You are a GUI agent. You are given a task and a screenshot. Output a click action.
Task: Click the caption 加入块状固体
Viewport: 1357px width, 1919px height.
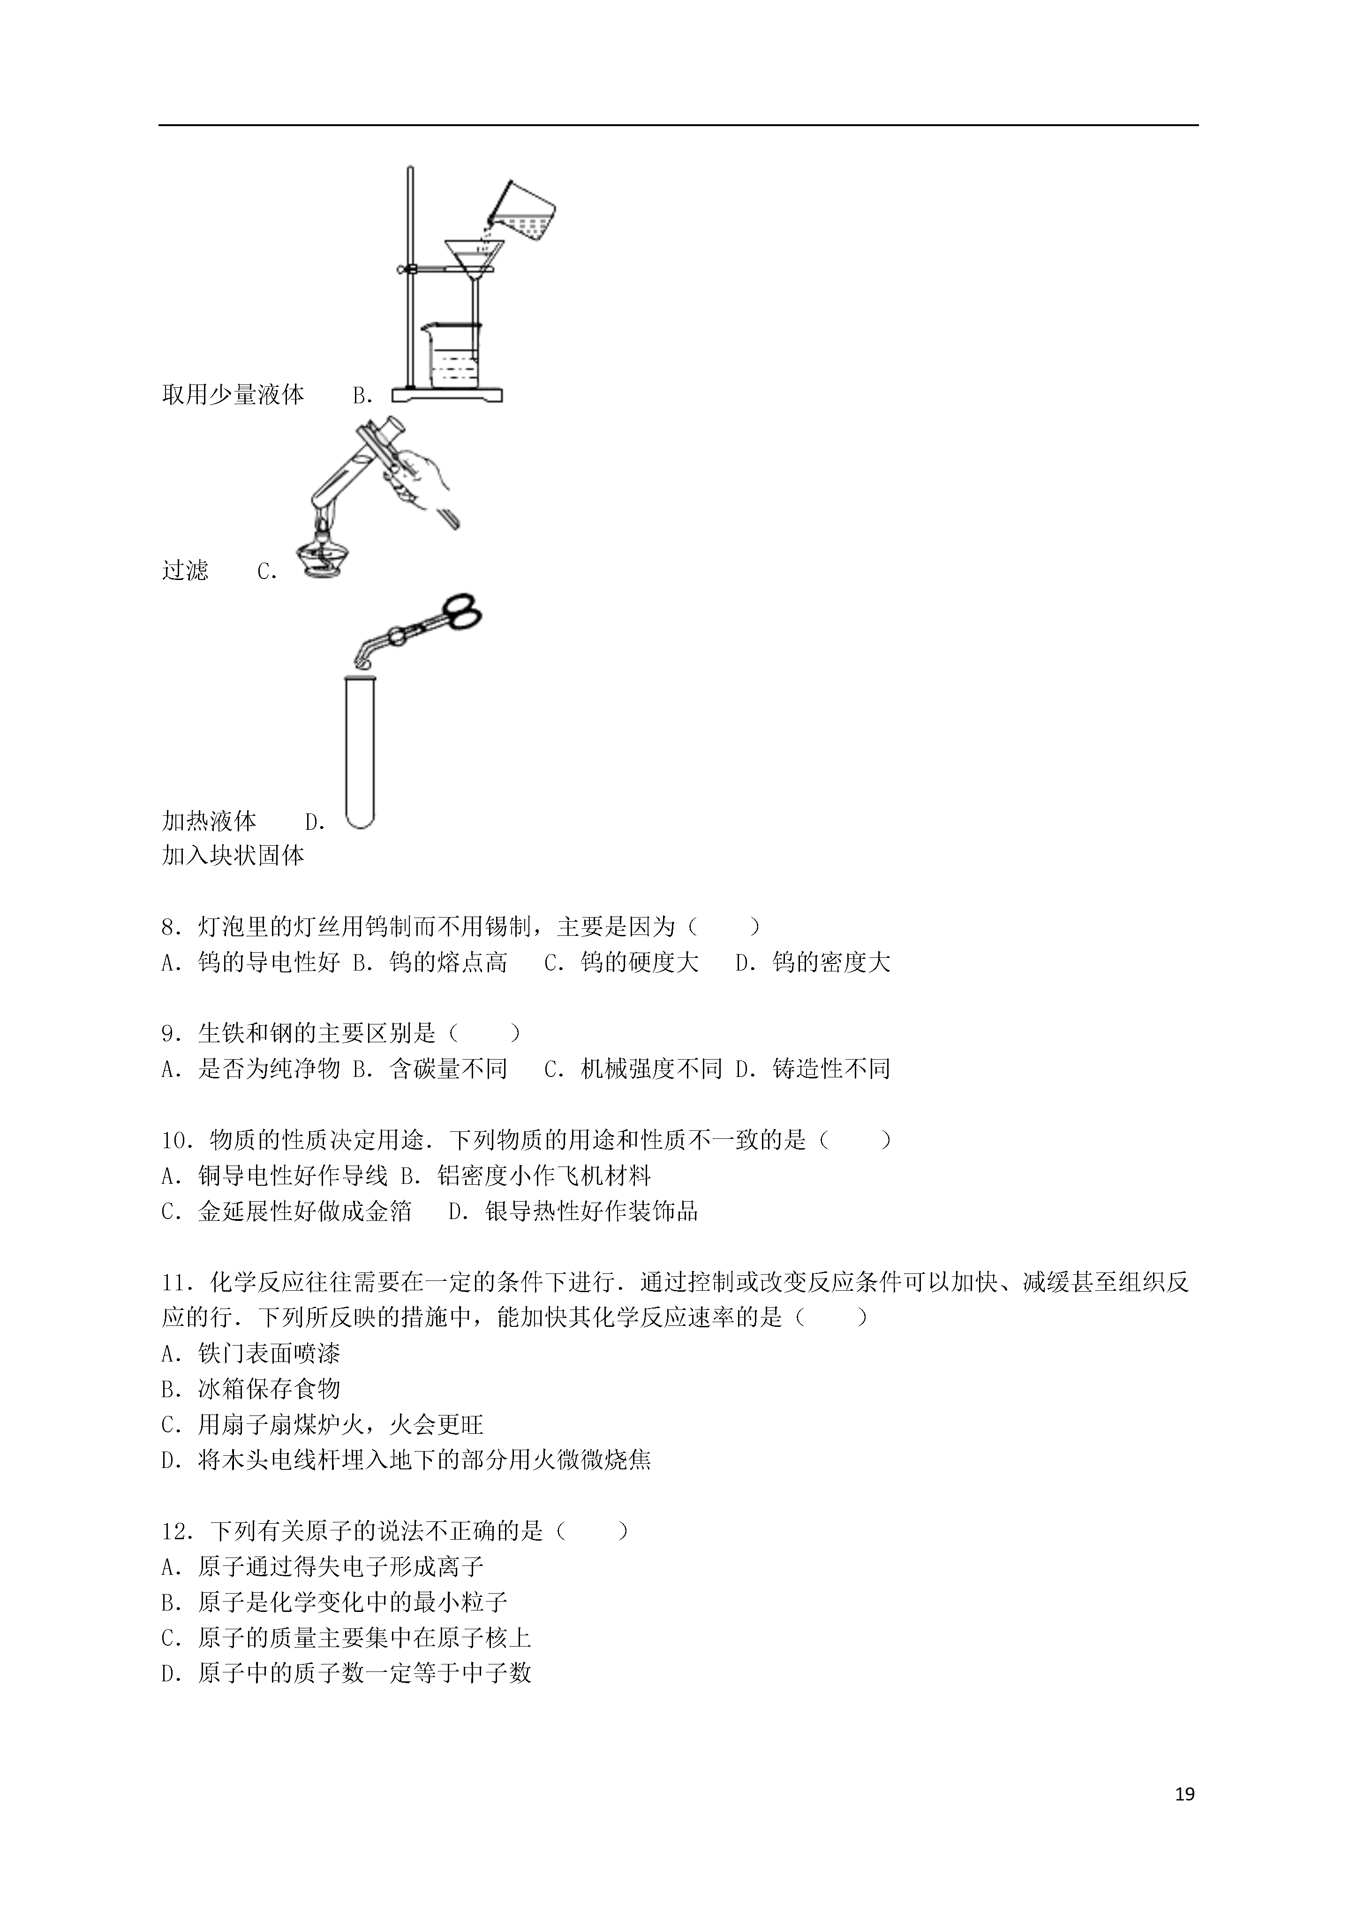pos(233,855)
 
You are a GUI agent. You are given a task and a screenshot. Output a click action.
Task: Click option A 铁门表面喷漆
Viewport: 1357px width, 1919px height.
pos(251,1353)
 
